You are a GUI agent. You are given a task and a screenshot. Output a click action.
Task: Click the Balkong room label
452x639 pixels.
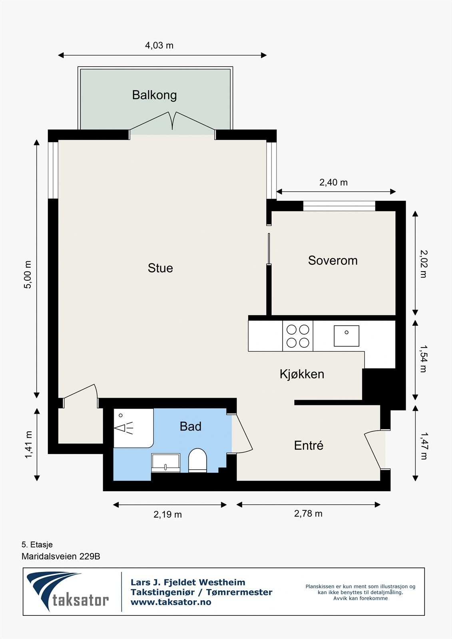pos(155,95)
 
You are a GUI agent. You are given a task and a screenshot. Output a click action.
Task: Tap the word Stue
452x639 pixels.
pos(160,268)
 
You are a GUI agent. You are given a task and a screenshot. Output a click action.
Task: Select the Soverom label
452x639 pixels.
pos(333,260)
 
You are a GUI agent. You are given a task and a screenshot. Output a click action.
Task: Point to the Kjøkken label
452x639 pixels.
pos(302,374)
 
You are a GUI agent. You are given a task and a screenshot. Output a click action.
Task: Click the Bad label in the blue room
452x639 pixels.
pos(191,427)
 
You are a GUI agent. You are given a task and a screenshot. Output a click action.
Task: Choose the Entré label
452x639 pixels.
pos(309,445)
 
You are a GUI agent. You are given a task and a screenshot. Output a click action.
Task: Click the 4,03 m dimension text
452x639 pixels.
pos(159,46)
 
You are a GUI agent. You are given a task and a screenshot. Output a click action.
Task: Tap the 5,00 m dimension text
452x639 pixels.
pos(28,275)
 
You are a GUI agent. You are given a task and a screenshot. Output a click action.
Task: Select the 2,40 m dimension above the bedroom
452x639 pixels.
pos(333,182)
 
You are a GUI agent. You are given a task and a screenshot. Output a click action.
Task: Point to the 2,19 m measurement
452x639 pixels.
pos(167,514)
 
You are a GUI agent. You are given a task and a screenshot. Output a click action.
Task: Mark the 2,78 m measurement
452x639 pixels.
pos(308,514)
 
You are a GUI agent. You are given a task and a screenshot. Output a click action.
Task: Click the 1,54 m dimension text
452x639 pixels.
pos(424,359)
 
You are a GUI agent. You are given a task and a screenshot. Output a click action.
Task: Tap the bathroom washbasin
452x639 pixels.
pos(165,463)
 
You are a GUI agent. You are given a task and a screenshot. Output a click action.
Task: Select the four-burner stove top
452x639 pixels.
pos(298,336)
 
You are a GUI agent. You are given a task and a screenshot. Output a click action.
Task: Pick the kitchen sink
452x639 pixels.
pos(346,336)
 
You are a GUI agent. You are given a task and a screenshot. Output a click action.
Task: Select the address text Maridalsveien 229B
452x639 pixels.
pos(61,557)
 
